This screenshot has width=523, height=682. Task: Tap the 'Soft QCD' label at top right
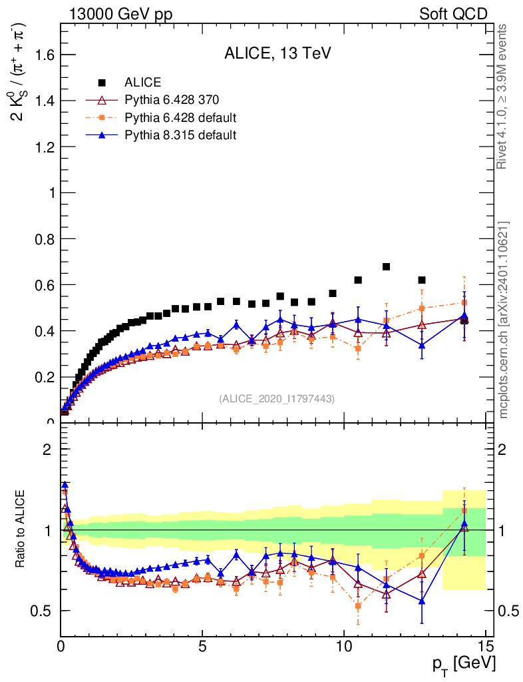tap(453, 13)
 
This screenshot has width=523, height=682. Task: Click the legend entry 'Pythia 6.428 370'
tap(172, 101)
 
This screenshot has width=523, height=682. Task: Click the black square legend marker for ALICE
tap(102, 83)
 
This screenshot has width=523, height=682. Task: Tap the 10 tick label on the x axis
tap(343, 646)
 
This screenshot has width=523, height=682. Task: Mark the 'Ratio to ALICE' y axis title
tap(21, 529)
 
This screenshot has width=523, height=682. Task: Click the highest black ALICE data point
tap(386, 267)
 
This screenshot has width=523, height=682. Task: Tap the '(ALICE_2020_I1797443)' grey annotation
tap(277, 398)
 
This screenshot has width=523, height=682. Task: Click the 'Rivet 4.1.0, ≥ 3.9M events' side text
tap(503, 96)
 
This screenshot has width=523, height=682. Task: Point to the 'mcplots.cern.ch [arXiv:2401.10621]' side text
tap(503, 320)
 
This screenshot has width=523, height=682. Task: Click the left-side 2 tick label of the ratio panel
tap(47, 450)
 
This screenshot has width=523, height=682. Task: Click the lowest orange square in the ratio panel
tap(358, 606)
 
